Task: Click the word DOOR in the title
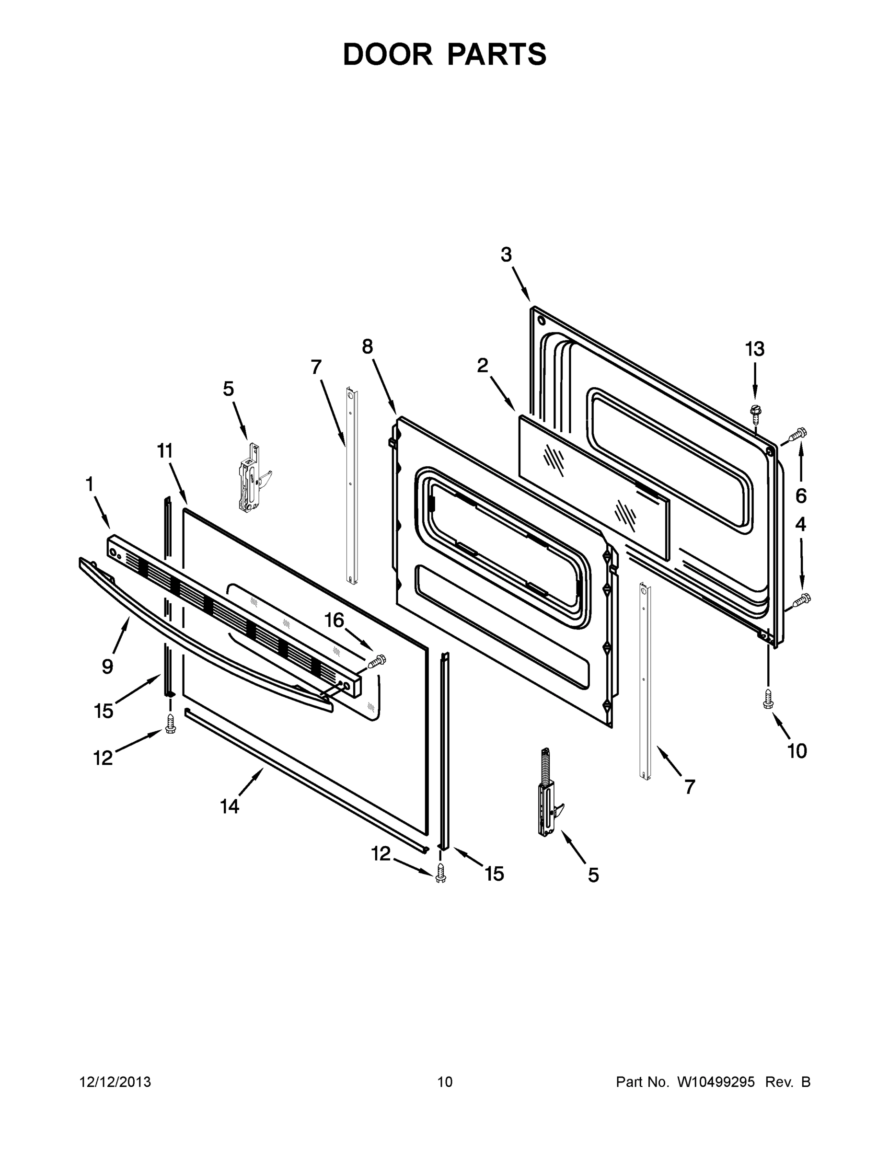[x=387, y=54]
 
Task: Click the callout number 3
[x=506, y=255]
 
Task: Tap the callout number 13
[x=754, y=349]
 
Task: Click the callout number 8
[x=367, y=346]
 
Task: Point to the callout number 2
[x=483, y=366]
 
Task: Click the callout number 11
[x=165, y=451]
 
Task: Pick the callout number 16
[x=335, y=621]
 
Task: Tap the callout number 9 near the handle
[x=107, y=667]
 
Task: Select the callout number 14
[x=230, y=806]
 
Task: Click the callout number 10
[x=797, y=751]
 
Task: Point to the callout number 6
[x=800, y=495]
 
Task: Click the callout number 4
[x=800, y=525]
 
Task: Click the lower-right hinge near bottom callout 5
[x=548, y=793]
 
